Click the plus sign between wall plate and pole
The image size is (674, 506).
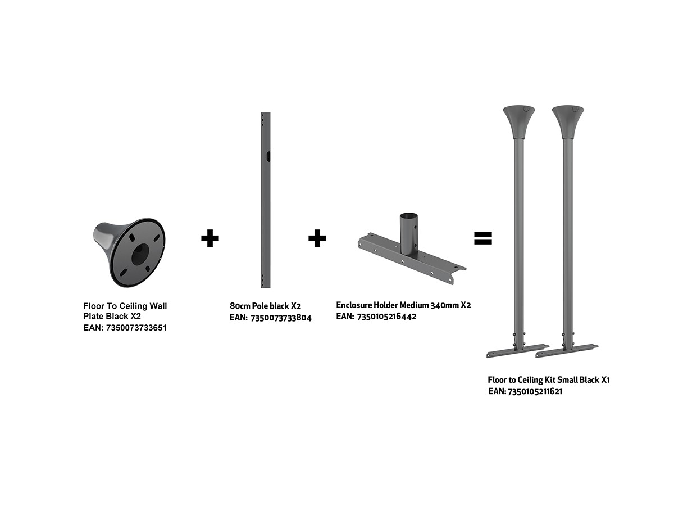coord(210,238)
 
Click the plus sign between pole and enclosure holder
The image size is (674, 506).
coord(317,238)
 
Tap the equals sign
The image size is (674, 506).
coord(482,238)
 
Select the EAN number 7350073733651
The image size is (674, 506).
coord(136,328)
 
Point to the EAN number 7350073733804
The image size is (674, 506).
coord(281,318)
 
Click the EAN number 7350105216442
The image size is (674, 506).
coord(386,317)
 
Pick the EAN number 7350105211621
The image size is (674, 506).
coord(535,391)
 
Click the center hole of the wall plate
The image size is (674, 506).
coord(140,254)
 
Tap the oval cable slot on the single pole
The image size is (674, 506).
coord(268,156)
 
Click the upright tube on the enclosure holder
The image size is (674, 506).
coord(409,233)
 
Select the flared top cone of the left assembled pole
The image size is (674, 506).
coord(518,121)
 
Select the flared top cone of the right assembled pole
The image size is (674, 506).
coord(568,121)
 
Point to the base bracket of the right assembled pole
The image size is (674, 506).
coord(567,350)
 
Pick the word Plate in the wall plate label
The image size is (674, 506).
coord(93,316)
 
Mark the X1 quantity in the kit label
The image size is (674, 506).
coord(605,380)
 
